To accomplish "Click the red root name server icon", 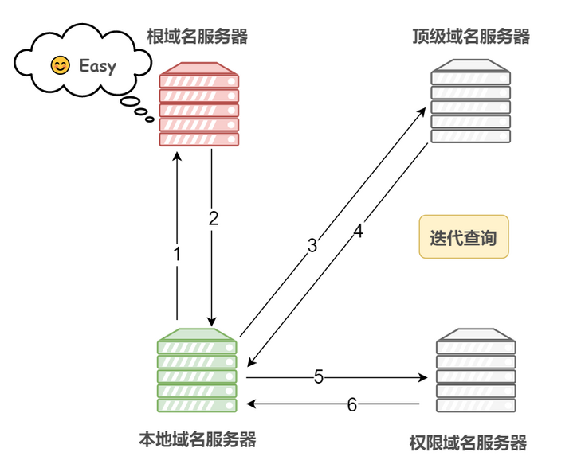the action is click(x=199, y=104).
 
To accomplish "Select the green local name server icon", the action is click(x=197, y=370).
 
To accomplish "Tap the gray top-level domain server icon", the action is click(x=470, y=101).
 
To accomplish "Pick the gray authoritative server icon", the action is click(x=476, y=370).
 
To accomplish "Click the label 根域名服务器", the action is click(x=198, y=37).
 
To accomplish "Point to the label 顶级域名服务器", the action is click(x=471, y=37).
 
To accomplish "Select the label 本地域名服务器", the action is click(x=198, y=439).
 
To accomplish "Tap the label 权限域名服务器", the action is click(x=468, y=443).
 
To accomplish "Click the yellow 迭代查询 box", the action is click(x=464, y=237).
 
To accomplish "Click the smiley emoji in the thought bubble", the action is click(x=60, y=65).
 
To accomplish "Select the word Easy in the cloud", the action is click(x=98, y=66).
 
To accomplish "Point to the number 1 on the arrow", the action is click(x=177, y=254).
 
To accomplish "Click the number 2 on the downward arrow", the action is click(x=214, y=218).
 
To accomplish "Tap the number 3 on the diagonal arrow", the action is click(x=312, y=246).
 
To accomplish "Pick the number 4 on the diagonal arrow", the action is click(x=358, y=232).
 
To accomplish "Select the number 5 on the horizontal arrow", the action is click(x=319, y=377).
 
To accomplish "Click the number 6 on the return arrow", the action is click(x=352, y=404).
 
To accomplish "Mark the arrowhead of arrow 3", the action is click(x=422, y=111).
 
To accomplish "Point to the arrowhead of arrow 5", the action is click(x=423, y=377).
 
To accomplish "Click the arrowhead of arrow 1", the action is click(x=177, y=155).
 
